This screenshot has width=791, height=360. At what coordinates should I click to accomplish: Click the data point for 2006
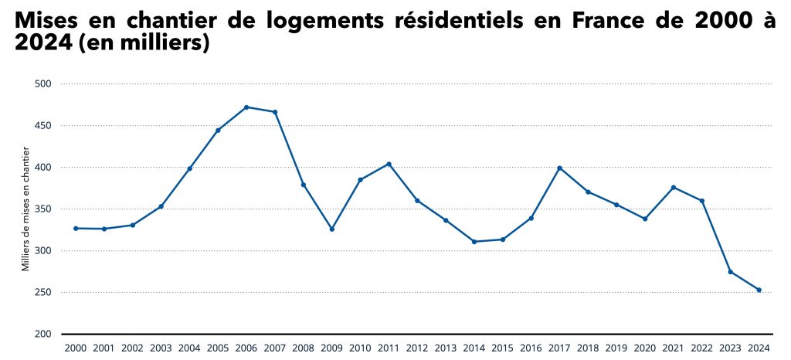(246, 107)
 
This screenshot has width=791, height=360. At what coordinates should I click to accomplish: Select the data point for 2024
(759, 290)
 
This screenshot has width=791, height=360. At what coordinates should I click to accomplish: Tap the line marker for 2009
(332, 229)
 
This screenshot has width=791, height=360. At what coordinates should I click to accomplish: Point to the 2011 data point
(389, 164)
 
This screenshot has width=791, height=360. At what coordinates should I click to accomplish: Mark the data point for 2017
(559, 168)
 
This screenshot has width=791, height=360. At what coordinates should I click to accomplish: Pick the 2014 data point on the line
(474, 242)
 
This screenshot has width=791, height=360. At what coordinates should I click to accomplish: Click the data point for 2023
(731, 271)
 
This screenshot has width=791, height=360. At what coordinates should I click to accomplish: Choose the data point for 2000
(76, 228)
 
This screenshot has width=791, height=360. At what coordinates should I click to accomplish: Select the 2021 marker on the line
(674, 188)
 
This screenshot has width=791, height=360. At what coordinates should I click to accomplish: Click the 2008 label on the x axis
(304, 348)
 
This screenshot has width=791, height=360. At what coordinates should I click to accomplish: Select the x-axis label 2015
(503, 348)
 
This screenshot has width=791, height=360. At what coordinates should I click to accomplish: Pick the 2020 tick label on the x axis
(645, 348)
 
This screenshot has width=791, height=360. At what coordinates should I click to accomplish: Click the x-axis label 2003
(161, 348)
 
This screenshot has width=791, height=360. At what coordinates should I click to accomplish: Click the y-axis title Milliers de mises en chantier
(25, 208)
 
